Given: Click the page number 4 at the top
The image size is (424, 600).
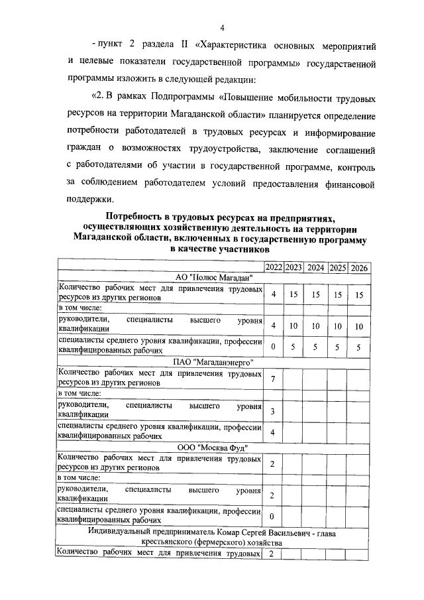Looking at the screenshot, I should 223,27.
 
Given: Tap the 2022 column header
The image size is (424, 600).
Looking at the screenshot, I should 273,267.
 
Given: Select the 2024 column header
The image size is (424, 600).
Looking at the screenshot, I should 316,267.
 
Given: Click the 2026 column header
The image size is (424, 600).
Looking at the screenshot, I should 359,267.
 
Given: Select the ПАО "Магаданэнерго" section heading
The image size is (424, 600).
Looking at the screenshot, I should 213,362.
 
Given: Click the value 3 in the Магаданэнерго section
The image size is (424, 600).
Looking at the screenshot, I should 273,412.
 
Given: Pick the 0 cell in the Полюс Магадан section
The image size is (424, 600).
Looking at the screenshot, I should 273,347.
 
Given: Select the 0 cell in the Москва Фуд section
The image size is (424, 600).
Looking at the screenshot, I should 273,516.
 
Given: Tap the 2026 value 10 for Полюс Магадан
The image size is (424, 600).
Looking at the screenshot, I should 359,326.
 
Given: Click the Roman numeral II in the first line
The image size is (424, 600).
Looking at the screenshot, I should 185,47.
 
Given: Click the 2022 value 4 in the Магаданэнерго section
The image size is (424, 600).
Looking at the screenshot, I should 273,433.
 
